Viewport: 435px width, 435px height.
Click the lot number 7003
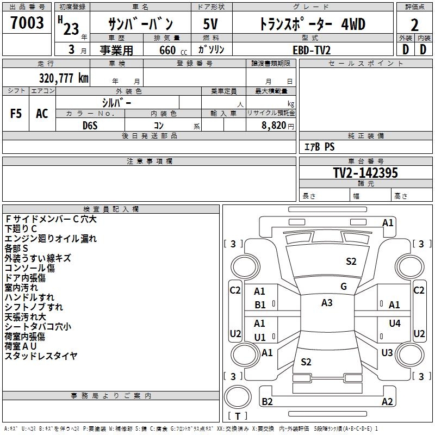(x=27, y=23)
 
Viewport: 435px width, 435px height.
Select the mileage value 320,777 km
(x=64, y=78)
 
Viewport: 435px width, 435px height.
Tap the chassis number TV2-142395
(x=365, y=173)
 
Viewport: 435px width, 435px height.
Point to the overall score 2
(x=415, y=24)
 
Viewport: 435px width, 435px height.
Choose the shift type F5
(x=16, y=114)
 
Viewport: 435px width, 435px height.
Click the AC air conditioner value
(x=42, y=114)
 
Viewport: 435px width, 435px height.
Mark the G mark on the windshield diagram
(x=343, y=287)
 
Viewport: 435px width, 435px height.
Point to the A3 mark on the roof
(x=327, y=303)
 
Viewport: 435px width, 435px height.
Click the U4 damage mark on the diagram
(x=395, y=324)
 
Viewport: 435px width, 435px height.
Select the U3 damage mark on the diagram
(x=387, y=353)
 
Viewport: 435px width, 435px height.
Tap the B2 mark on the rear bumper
(x=267, y=402)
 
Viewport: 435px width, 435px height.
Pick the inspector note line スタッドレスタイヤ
(x=41, y=356)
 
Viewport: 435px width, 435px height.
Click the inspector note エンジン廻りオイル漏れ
(x=51, y=239)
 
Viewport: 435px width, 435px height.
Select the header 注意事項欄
(x=150, y=161)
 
